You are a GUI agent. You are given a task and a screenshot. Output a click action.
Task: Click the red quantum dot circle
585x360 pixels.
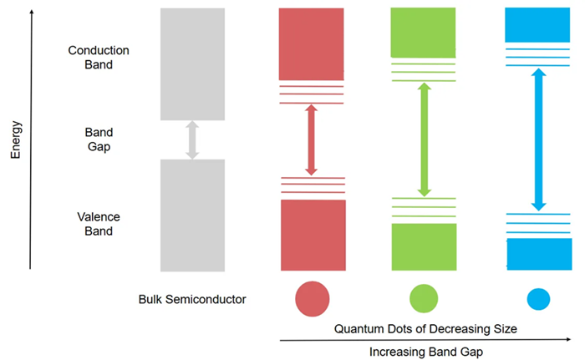pyautogui.click(x=313, y=298)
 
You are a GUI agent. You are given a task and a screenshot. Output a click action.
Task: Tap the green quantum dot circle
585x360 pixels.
pyautogui.click(x=424, y=298)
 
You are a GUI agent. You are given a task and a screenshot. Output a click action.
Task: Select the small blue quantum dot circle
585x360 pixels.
pyautogui.click(x=538, y=298)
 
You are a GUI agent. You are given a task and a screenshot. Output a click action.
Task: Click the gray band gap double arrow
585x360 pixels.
pyautogui.click(x=192, y=139)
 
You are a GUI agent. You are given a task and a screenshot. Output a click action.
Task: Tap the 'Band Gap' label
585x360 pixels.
pyautogui.click(x=99, y=139)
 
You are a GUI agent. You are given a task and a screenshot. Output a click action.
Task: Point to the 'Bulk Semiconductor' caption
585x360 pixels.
pyautogui.click(x=193, y=299)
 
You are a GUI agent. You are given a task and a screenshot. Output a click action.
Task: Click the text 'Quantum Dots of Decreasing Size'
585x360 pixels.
pyautogui.click(x=425, y=329)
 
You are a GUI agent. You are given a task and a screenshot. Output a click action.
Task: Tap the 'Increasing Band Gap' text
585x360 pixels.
pyautogui.click(x=425, y=352)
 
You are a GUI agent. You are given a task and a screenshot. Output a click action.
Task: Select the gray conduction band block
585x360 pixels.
pyautogui.click(x=192, y=63)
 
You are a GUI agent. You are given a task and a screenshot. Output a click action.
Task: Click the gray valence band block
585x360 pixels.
pyautogui.click(x=192, y=215)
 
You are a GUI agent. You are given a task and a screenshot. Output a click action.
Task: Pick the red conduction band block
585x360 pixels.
pyautogui.click(x=312, y=43)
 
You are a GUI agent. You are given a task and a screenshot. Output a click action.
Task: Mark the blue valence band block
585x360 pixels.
pyautogui.click(x=538, y=254)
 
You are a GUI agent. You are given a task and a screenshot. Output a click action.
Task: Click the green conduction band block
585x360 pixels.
pyautogui.click(x=424, y=32)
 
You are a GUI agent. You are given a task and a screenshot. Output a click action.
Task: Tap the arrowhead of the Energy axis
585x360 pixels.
pyautogui.click(x=30, y=11)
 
